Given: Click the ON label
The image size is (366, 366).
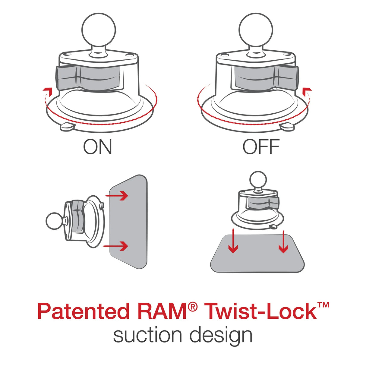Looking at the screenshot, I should coord(97,147).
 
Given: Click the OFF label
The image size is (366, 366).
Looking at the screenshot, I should coord(261,147).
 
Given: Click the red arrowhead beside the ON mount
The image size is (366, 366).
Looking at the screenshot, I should coord(47,90).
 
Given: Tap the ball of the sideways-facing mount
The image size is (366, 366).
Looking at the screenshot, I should coord(55,222).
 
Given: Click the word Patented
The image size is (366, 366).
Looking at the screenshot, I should coord(83,311).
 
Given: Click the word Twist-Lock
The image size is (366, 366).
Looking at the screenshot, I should coord(260,311).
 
